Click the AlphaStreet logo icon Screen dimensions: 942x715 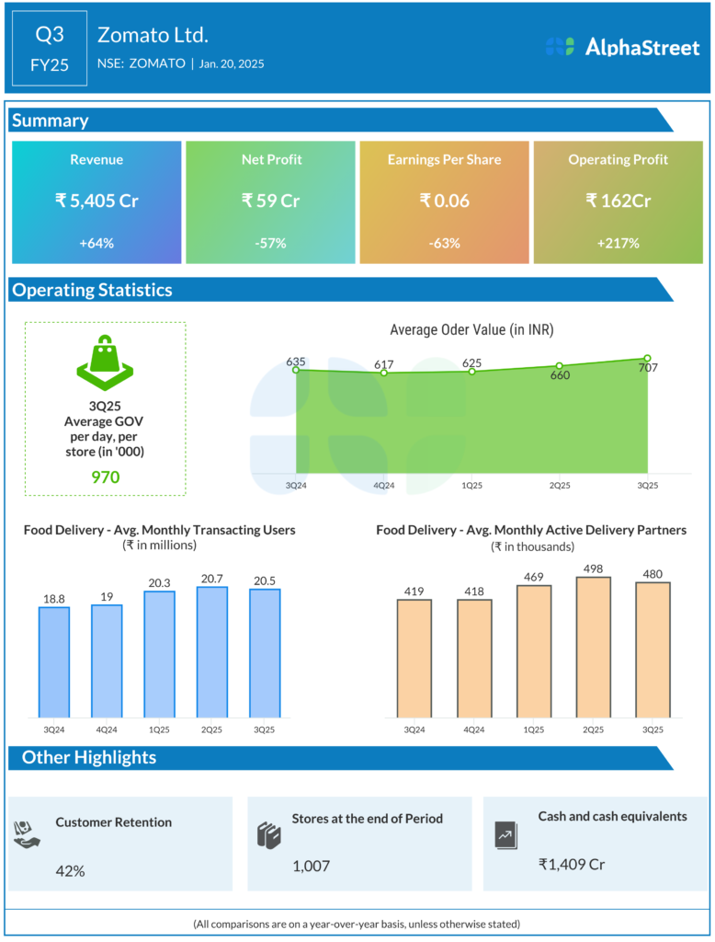tap(559, 47)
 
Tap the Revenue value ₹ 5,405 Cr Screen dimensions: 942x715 tap(96, 200)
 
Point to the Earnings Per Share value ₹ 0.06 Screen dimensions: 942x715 tap(444, 200)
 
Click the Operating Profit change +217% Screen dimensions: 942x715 tap(619, 243)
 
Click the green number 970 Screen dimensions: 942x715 tap(105, 477)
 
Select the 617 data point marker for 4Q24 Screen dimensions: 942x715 tap(384, 373)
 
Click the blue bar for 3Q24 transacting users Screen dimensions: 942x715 tap(54, 661)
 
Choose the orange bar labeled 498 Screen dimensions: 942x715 tap(593, 646)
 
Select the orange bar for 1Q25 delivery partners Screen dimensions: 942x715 tap(533, 650)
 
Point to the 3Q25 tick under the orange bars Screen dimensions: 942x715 tap(653, 729)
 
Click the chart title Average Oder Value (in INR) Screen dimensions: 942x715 tap(471, 329)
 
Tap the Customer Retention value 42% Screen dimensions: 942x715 tap(70, 870)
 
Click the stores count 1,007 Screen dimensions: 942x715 tap(312, 866)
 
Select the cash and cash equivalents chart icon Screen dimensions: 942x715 tap(505, 834)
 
